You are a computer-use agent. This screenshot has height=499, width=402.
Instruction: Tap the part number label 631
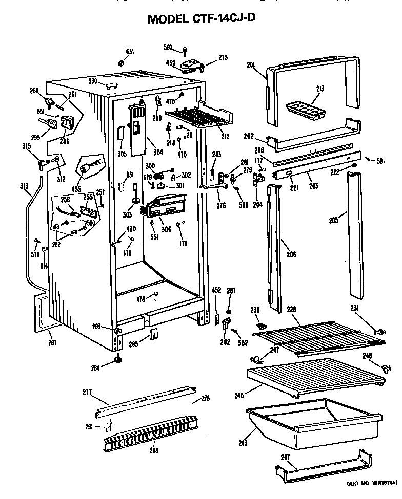[x=130, y=51]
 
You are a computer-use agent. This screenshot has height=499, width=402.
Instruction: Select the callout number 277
[x=88, y=393]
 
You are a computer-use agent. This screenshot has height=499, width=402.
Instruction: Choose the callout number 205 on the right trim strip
[x=334, y=221]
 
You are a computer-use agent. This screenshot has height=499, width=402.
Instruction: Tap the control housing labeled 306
[x=165, y=209]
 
